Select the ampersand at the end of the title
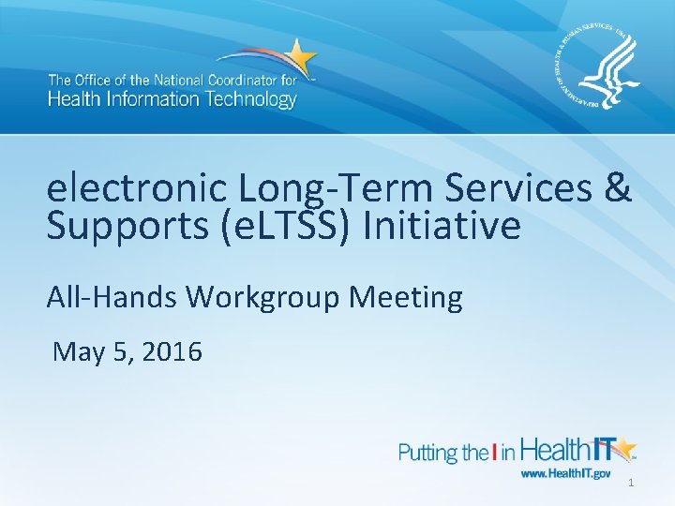[619, 189]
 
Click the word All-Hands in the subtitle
[112, 297]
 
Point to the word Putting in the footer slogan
[429, 454]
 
